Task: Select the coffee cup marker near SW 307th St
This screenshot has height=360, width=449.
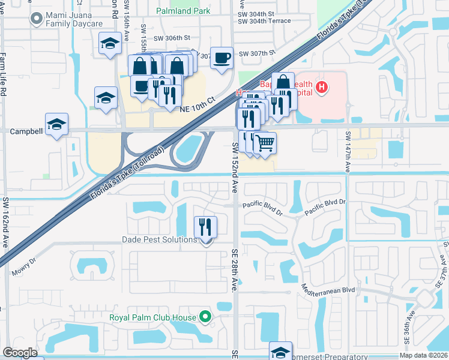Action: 221,58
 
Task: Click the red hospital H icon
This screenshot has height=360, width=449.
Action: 322,88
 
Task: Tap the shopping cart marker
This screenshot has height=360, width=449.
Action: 265,143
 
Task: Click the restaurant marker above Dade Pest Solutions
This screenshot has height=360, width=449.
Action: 205,227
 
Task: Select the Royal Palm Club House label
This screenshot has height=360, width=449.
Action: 152,317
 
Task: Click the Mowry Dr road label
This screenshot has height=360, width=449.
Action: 24,268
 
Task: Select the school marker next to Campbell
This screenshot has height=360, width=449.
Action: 56,125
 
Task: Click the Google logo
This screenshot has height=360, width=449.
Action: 20,352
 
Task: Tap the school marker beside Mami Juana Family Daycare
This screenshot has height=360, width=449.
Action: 110,44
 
